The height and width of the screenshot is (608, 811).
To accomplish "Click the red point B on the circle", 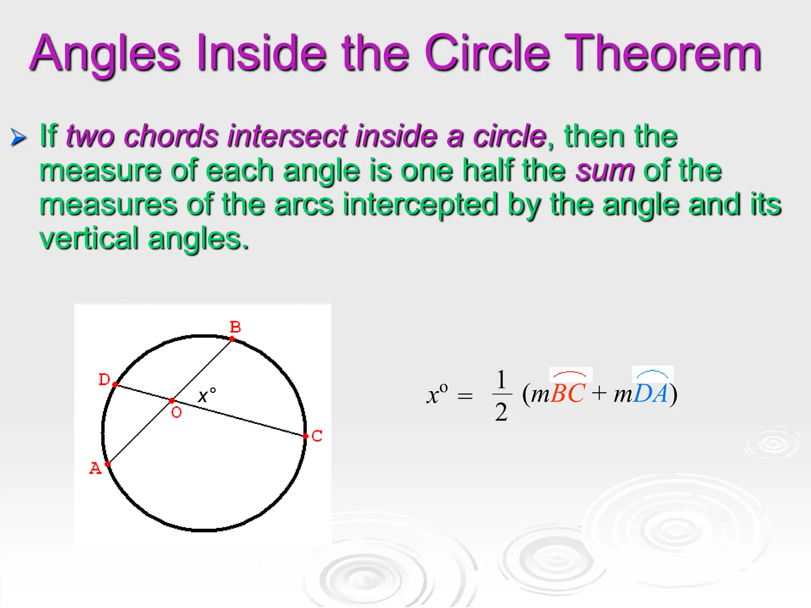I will click(x=232, y=339).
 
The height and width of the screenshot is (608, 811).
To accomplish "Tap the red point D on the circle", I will click(x=115, y=384).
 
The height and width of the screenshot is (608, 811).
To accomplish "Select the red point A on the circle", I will click(x=107, y=464).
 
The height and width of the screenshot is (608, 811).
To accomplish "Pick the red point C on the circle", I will click(x=306, y=436).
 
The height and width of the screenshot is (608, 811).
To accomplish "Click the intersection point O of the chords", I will click(x=172, y=401).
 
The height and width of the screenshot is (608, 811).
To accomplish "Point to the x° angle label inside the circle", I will click(x=207, y=395).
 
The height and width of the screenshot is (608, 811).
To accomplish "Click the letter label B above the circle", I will click(x=235, y=327).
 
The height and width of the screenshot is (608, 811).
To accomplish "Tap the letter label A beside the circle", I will click(x=95, y=468).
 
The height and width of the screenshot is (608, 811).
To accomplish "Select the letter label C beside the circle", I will click(x=317, y=436).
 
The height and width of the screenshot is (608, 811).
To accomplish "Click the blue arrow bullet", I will click(x=18, y=137).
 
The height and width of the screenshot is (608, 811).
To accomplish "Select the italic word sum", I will click(x=605, y=170).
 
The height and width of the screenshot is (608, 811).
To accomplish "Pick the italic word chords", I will click(x=171, y=136).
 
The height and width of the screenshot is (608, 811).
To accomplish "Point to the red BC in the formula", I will click(x=567, y=393).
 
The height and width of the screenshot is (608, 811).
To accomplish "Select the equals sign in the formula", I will click(x=465, y=396).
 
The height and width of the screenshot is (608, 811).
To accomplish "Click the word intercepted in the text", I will click(x=420, y=204).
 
